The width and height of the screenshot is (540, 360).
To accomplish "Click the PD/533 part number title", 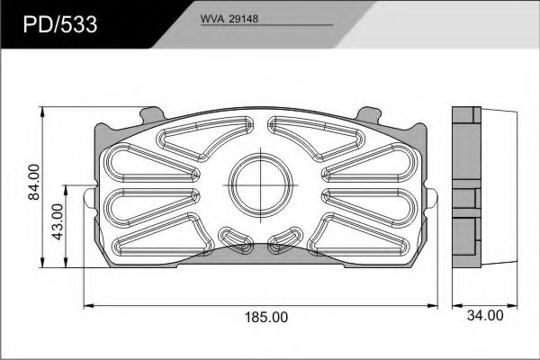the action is point(60,25).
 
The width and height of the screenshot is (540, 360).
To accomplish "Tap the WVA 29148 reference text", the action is point(229,19).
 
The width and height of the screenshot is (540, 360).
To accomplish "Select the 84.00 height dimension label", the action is point(34,182).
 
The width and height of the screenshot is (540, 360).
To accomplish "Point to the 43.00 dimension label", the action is point(58,221).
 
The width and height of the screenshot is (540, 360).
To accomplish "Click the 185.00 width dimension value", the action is point(265,317).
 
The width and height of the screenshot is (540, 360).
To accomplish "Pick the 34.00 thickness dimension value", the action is point(485,316).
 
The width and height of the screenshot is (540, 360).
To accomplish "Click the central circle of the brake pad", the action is point(260,185).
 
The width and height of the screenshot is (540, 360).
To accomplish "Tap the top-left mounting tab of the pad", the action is point(152,116).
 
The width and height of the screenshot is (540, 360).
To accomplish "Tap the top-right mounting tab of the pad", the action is point(369,116).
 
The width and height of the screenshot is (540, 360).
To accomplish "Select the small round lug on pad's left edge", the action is point(89,198).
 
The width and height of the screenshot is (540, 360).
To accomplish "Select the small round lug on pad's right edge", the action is point(432,198).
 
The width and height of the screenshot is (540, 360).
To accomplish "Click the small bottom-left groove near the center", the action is point(236,240).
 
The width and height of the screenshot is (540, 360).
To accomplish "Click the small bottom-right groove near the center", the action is point(285,240).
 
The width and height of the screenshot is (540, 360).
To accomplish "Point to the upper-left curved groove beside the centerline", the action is point(205,139).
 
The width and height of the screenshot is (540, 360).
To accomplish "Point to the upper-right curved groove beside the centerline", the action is point(316,139).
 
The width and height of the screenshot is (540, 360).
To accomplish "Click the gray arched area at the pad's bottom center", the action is point(261,254).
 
